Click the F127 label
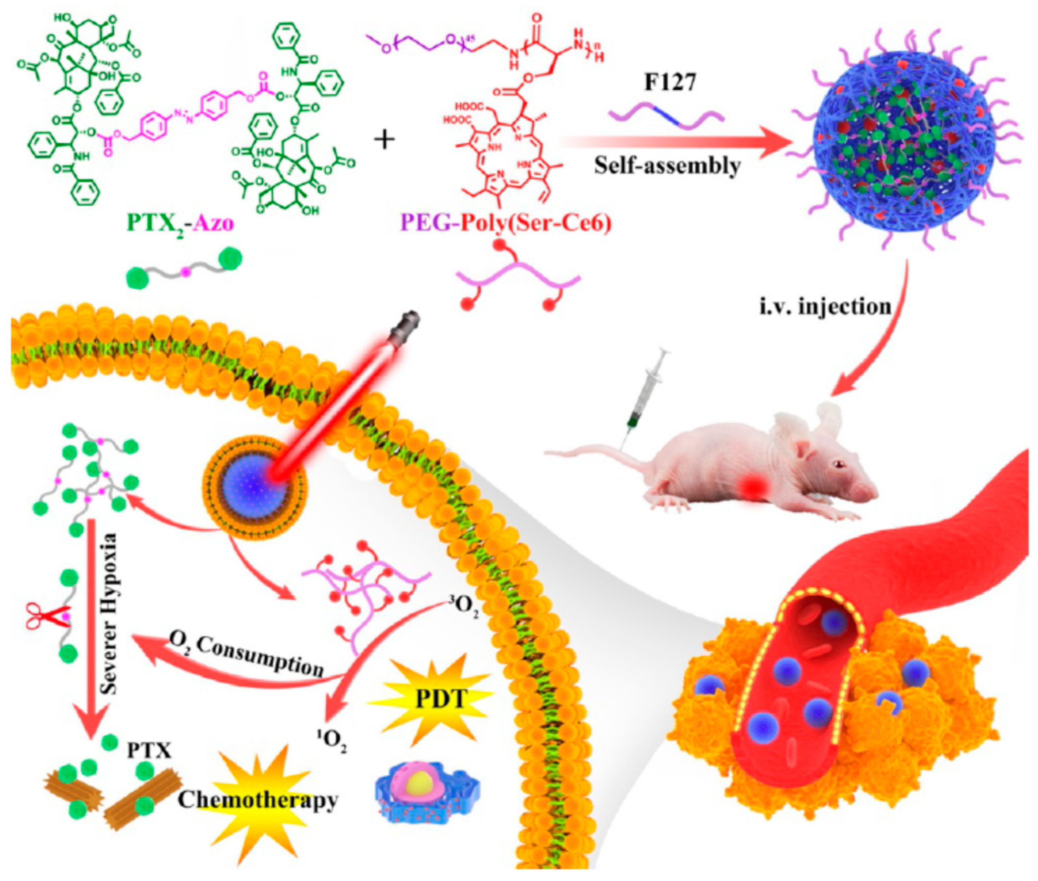click(669, 83)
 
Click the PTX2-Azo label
click(180, 223)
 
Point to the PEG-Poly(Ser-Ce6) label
click(505, 223)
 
